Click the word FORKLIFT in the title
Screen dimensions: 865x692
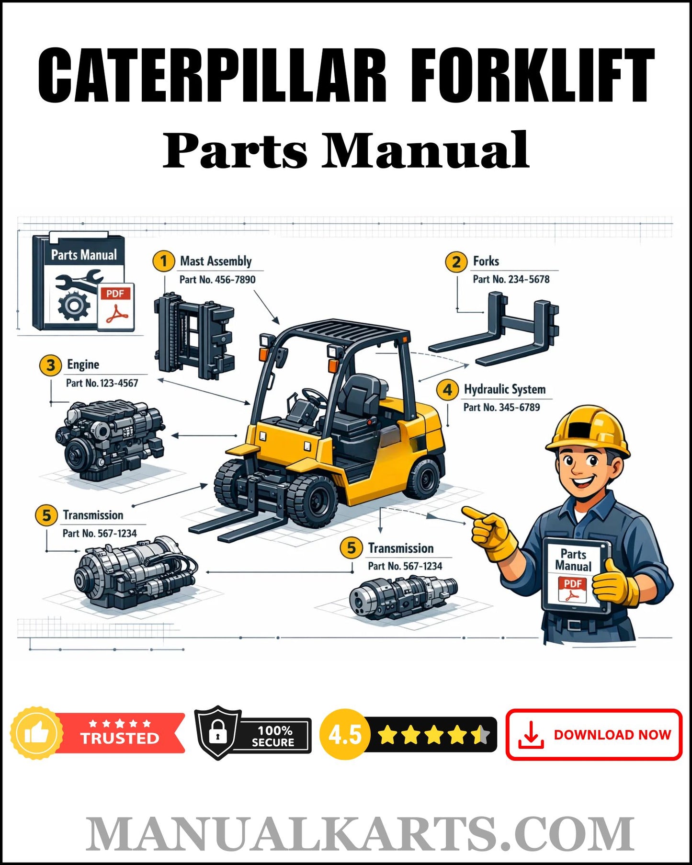(532, 76)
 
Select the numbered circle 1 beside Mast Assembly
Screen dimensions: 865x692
(163, 261)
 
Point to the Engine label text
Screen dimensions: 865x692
(83, 364)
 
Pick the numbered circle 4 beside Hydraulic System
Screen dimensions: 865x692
(447, 389)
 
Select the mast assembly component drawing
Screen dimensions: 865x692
(193, 335)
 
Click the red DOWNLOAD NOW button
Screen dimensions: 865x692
(593, 734)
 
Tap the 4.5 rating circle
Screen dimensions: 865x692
(344, 734)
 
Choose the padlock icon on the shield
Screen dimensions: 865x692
(218, 732)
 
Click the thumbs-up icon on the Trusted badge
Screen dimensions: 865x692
(37, 733)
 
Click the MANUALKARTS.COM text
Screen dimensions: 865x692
(359, 834)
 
